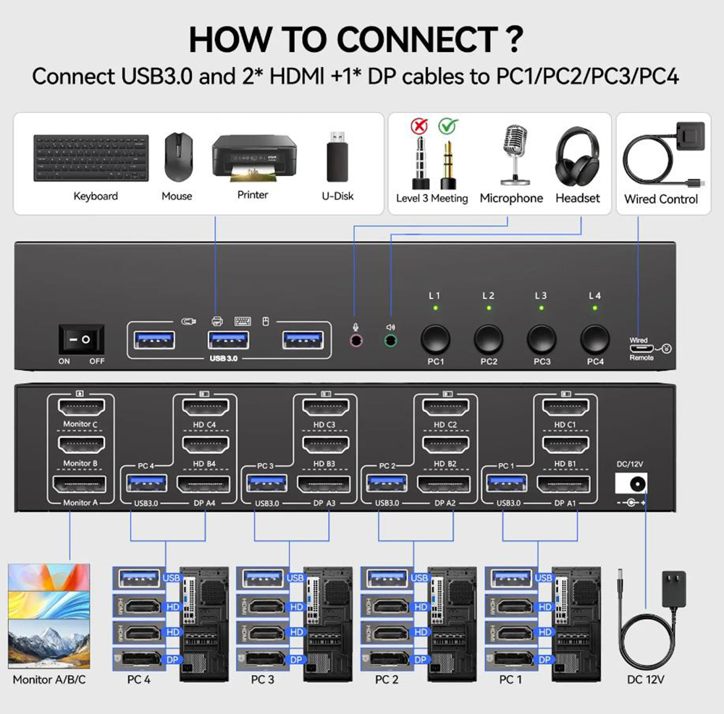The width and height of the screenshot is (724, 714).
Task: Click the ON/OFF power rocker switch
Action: [81, 339]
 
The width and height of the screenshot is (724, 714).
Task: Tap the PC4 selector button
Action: [595, 339]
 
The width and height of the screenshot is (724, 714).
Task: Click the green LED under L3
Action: [541, 308]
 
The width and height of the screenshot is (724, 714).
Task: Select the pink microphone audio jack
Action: [355, 340]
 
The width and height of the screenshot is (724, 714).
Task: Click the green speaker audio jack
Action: [390, 340]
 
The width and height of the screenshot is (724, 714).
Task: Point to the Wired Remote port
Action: [639, 348]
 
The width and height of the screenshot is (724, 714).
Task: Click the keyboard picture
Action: [90, 159]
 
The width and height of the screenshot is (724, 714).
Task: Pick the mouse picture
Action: [177, 157]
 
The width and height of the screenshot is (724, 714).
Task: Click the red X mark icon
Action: [419, 127]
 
